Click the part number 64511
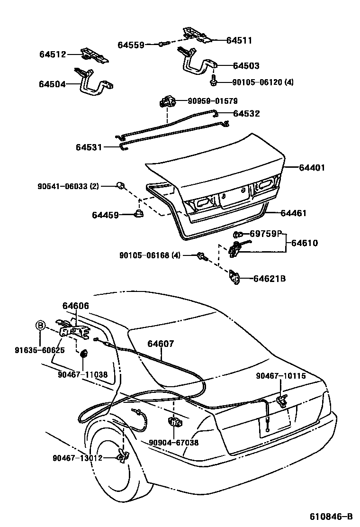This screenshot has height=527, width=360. pos(239,41)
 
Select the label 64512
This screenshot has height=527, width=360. pos(52,55)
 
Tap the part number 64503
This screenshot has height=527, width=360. pos(246,66)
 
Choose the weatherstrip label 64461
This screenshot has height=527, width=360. pos(293,213)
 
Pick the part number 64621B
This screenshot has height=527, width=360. pos(269,279)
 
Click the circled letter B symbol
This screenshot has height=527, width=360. pos(41,325)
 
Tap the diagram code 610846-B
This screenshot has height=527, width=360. pos(331,516)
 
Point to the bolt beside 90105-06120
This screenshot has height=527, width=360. pos(214,82)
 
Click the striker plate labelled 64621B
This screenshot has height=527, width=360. pos(235,278)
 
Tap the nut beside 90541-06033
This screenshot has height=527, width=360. pos(121,185)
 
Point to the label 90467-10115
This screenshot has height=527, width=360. pos(280,376)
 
